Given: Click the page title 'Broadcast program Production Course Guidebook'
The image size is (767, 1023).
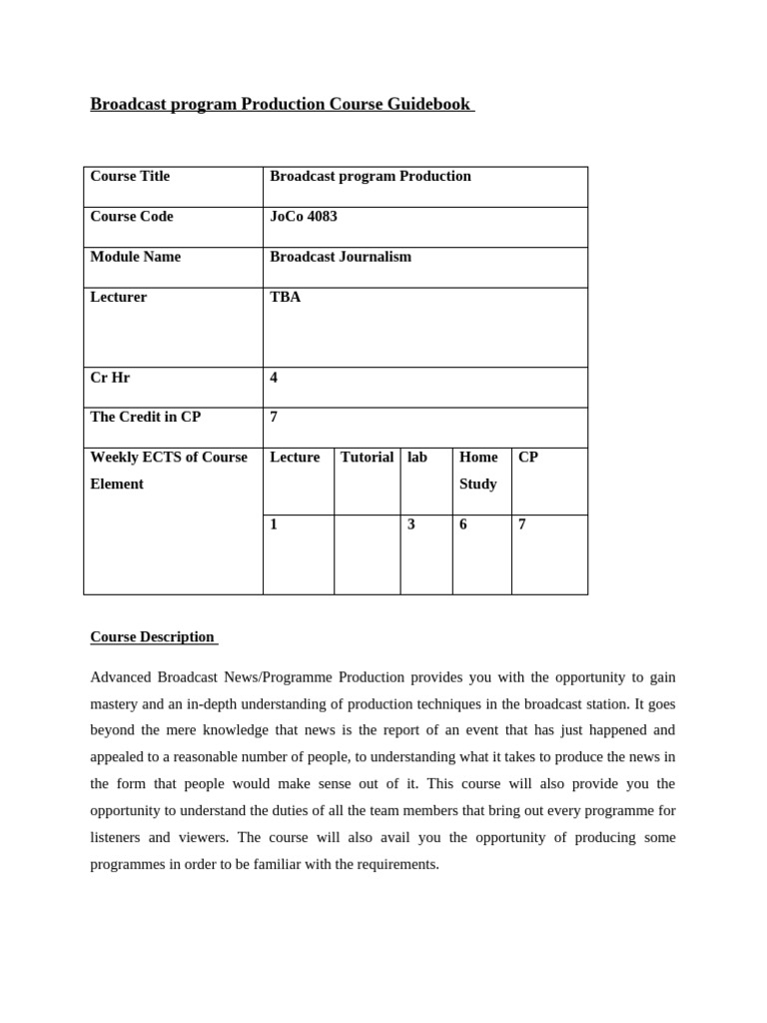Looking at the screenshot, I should point(281,104).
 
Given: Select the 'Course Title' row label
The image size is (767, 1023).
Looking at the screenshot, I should point(130,177).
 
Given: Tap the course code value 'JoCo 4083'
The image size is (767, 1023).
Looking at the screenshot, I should point(304,217).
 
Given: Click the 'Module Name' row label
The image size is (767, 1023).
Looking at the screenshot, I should point(136,257).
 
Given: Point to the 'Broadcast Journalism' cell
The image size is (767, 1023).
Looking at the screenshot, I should point(341,257).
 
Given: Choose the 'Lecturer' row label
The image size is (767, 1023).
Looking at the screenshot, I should point(119,298).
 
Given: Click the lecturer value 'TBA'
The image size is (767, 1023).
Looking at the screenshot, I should point(286,298).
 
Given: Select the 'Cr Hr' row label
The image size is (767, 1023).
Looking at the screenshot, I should point(110,378).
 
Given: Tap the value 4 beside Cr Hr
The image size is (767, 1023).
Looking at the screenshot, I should point(275,378).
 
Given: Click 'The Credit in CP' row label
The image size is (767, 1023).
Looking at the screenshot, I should point(146,418).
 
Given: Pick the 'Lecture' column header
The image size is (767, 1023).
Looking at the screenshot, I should point(295,458).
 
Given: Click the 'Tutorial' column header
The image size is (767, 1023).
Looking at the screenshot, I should point(367,458).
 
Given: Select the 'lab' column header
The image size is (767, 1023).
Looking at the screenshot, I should point(417,458).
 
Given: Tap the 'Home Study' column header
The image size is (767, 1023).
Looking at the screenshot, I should point(478,471).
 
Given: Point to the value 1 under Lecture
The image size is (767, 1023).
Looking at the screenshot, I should point(275,524).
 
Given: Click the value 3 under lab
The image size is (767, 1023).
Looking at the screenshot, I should point(411,524).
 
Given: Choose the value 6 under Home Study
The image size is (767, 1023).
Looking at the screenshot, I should point(463,524).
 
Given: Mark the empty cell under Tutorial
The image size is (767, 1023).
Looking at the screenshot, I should point(367,554).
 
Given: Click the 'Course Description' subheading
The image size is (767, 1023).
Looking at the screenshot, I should point(153,637).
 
